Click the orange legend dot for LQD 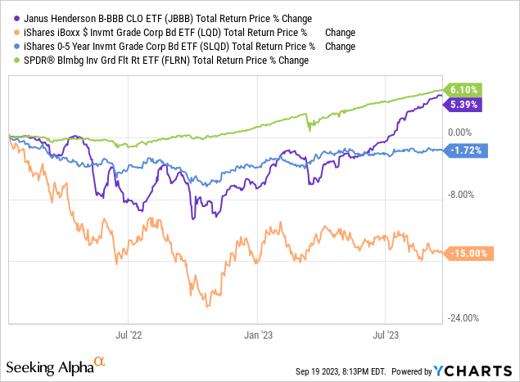[x=10, y=33]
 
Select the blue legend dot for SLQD [x=10, y=47]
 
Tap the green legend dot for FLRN [x=10, y=61]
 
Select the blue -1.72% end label [x=465, y=150]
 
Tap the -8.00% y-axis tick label [x=463, y=194]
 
